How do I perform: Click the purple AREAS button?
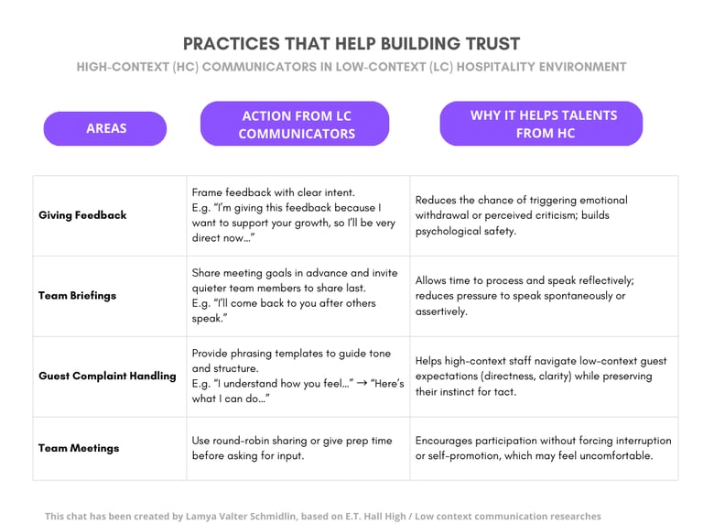click(105, 128)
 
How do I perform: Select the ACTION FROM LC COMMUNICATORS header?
click(295, 125)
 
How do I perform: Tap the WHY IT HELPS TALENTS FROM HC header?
click(542, 124)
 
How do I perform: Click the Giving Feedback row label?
click(82, 215)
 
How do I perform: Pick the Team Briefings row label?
click(79, 296)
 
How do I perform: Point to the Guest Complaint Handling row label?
click(107, 376)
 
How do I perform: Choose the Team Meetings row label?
click(79, 448)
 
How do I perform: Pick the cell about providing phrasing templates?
click(297, 376)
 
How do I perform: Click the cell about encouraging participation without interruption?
click(543, 448)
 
